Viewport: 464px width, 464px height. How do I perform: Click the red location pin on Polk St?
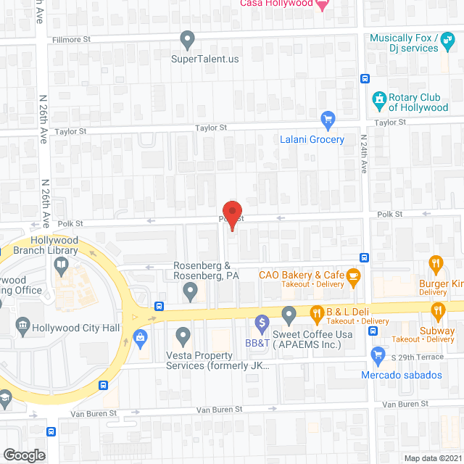(231, 215)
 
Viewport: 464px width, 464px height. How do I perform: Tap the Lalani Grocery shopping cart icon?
(328, 118)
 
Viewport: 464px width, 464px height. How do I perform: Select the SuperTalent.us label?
(204, 59)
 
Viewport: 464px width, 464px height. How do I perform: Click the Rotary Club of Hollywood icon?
(378, 98)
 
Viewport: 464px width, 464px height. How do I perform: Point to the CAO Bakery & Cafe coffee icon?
(353, 275)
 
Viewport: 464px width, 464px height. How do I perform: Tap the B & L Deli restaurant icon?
(317, 314)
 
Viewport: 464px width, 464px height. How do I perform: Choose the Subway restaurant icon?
(437, 312)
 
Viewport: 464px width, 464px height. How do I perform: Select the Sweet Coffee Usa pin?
(289, 315)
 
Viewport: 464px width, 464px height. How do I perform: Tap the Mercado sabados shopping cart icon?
(377, 355)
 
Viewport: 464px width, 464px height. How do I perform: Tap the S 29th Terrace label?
(418, 359)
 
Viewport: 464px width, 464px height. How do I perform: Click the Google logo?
(24, 455)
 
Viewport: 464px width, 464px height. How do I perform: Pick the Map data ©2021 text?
(432, 457)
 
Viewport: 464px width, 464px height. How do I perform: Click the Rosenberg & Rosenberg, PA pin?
(191, 291)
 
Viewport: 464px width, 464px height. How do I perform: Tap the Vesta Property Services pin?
(183, 336)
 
